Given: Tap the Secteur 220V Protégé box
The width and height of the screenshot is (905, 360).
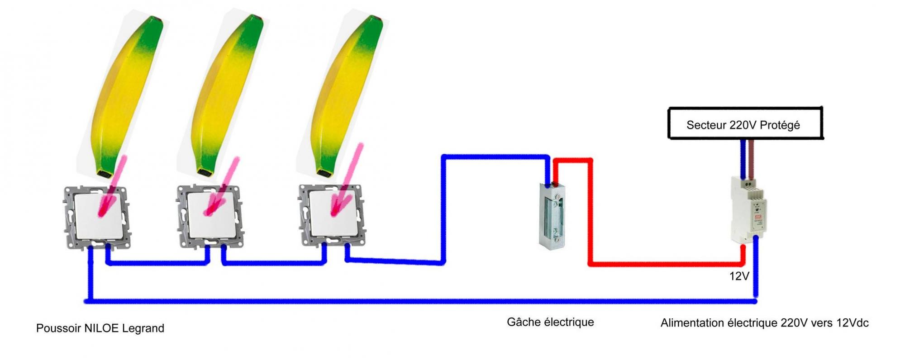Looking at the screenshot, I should [745, 123].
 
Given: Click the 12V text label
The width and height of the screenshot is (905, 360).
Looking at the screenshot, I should [739, 276].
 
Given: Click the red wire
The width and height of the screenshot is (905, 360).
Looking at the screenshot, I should [665, 264].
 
